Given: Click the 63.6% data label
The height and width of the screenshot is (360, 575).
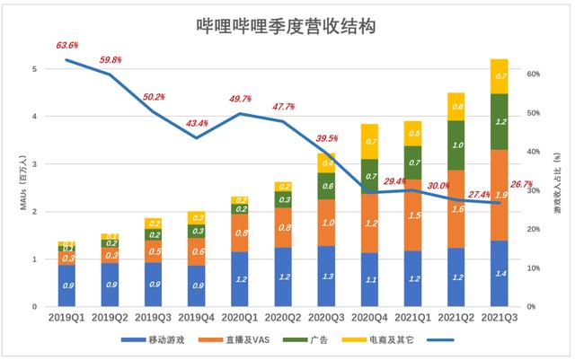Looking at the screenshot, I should pyautogui.click(x=67, y=45).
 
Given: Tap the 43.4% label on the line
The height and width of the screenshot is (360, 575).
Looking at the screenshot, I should pyautogui.click(x=198, y=123).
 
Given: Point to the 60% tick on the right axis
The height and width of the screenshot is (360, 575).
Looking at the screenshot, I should pyautogui.click(x=532, y=75).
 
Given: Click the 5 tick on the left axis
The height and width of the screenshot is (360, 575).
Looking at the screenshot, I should pyautogui.click(x=35, y=69).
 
